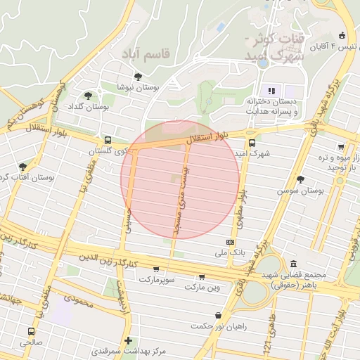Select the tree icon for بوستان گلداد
[x=88, y=96]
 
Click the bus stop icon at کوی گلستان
[x=107, y=140]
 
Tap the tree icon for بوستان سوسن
[x=301, y=180]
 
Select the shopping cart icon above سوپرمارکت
[x=155, y=269]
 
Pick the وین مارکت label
[x=202, y=287]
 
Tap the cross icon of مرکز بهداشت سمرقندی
[x=127, y=341]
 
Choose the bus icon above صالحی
[x=30, y=331]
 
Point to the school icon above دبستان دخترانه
[x=271, y=90]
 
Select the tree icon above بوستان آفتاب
[x=23, y=167]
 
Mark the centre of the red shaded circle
[x=180, y=179]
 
